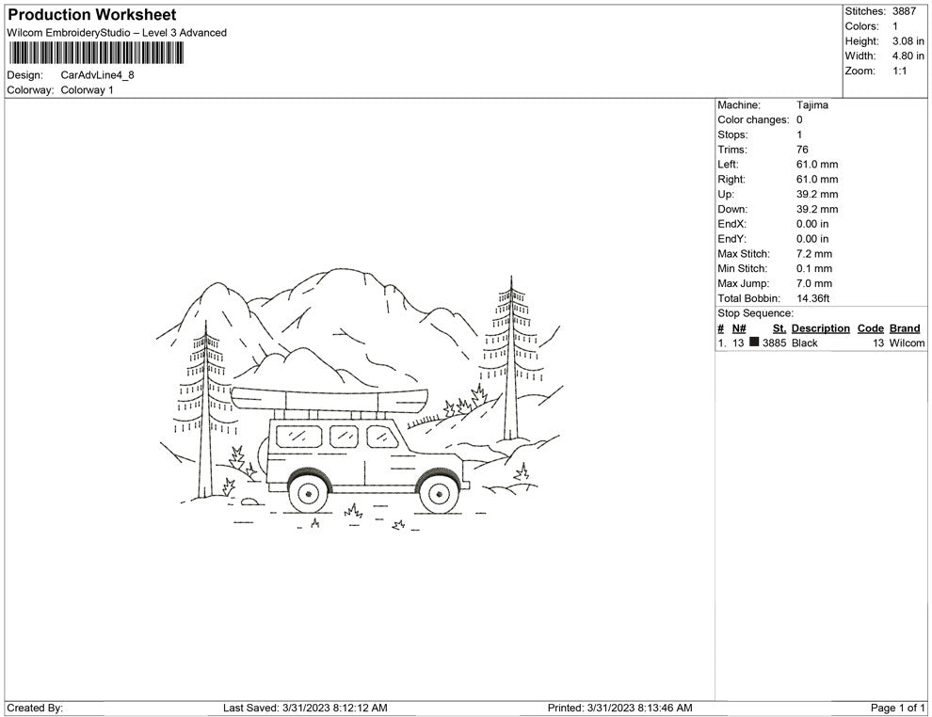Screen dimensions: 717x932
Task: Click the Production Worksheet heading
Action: [x=91, y=15]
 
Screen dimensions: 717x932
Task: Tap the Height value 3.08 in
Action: [x=908, y=41]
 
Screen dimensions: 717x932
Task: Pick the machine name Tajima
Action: [x=812, y=105]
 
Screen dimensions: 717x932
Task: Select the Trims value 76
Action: [x=802, y=150]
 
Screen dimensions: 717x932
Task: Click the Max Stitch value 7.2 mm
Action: [x=814, y=254]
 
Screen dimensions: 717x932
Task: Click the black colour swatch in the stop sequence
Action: [x=754, y=343]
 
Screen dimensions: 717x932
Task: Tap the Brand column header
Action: [x=905, y=328]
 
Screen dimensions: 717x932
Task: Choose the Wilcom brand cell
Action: [x=907, y=343]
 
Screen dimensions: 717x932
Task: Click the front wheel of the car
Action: [x=437, y=490]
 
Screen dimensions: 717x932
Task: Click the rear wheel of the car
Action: [x=307, y=491]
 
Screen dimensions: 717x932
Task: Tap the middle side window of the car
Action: [x=344, y=436]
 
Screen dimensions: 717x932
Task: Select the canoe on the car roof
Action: [x=329, y=399]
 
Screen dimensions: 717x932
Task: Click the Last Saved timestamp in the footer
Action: [x=305, y=708]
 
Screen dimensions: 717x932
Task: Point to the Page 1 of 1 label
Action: [x=898, y=708]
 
